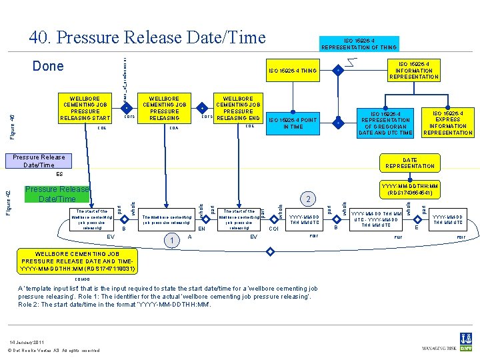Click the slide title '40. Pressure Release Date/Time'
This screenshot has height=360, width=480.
pos(147,38)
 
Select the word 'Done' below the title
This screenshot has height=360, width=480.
pos(48,66)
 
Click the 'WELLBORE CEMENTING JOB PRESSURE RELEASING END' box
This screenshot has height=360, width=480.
pos(237,107)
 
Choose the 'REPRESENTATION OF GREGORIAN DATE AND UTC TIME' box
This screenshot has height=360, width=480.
pos(385,123)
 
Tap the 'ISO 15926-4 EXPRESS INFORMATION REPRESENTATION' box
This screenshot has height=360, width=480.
pos(447,123)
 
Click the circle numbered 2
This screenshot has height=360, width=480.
pos(307,199)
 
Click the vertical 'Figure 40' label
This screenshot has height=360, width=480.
pos(11,127)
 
